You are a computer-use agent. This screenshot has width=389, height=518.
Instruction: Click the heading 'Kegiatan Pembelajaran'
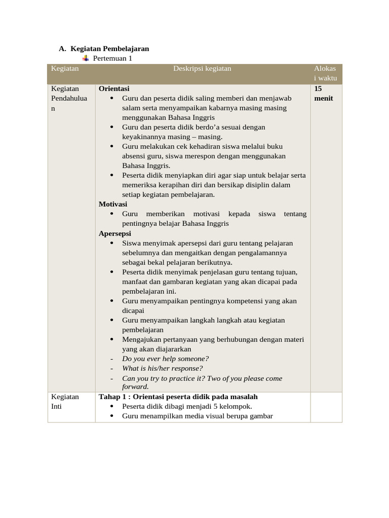pyautogui.click(x=110, y=49)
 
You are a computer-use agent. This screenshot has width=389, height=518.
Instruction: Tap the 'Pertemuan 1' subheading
pyautogui.click(x=112, y=58)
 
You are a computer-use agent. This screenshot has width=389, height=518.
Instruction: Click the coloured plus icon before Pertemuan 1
pyautogui.click(x=86, y=58)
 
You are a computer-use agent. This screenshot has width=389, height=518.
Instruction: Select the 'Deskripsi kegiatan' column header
pyautogui.click(x=202, y=69)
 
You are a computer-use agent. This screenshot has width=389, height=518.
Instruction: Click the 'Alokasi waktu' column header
pyautogui.click(x=325, y=73)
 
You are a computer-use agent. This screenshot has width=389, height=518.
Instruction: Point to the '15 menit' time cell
pyautogui.click(x=323, y=93)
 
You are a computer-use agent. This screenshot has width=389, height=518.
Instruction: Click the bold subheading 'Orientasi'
pyautogui.click(x=114, y=89)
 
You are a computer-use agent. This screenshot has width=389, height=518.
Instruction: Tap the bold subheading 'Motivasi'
pyautogui.click(x=112, y=204)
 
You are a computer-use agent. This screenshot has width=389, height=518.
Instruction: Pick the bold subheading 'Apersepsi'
pyautogui.click(x=114, y=233)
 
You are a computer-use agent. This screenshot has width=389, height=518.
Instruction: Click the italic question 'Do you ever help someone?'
pyautogui.click(x=165, y=359)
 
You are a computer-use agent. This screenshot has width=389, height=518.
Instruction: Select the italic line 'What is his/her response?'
pyautogui.click(x=162, y=368)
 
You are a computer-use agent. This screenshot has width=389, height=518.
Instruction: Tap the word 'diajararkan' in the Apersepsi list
pyautogui.click(x=173, y=349)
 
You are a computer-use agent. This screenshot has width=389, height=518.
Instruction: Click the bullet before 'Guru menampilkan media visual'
pyautogui.click(x=111, y=416)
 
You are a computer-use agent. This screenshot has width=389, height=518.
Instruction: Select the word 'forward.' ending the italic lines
pyautogui.click(x=135, y=387)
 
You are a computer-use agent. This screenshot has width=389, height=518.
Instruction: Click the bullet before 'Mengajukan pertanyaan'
pyautogui.click(x=111, y=339)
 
